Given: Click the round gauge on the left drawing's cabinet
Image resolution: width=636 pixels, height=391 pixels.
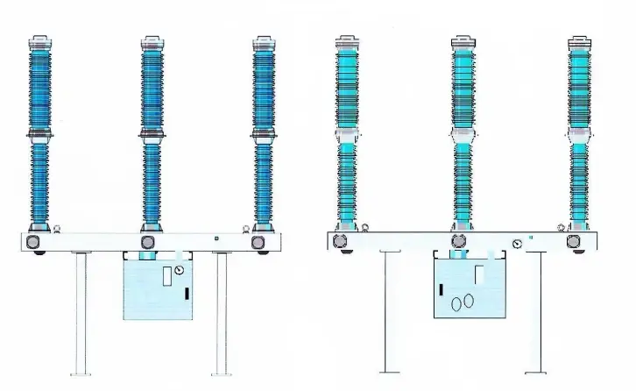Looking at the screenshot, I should click(x=180, y=271).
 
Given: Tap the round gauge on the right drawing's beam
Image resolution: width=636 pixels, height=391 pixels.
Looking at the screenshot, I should click(x=519, y=245).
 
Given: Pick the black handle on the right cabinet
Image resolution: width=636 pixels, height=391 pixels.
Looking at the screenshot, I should click(x=442, y=288).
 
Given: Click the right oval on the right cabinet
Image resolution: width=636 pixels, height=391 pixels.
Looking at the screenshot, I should click(x=470, y=300).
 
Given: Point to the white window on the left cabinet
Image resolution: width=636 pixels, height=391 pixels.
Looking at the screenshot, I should click(x=167, y=277).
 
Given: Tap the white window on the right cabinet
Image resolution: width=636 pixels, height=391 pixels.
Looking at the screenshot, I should click(x=478, y=274).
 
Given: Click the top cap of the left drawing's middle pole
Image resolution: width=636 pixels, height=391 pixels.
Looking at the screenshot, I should click(x=151, y=41).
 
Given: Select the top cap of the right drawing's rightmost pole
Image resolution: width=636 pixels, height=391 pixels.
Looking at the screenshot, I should click(x=578, y=41).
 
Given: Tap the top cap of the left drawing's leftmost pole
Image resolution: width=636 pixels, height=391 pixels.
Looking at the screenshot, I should click(x=40, y=41).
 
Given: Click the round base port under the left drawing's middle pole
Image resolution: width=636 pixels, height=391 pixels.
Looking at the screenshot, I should click(x=147, y=243).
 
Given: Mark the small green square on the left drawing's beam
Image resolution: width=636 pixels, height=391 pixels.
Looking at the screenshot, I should click(x=216, y=237).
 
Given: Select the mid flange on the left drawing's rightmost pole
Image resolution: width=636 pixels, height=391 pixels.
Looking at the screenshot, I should click(x=262, y=136).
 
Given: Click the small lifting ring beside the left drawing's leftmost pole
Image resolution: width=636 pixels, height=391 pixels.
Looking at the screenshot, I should click(x=58, y=230).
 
